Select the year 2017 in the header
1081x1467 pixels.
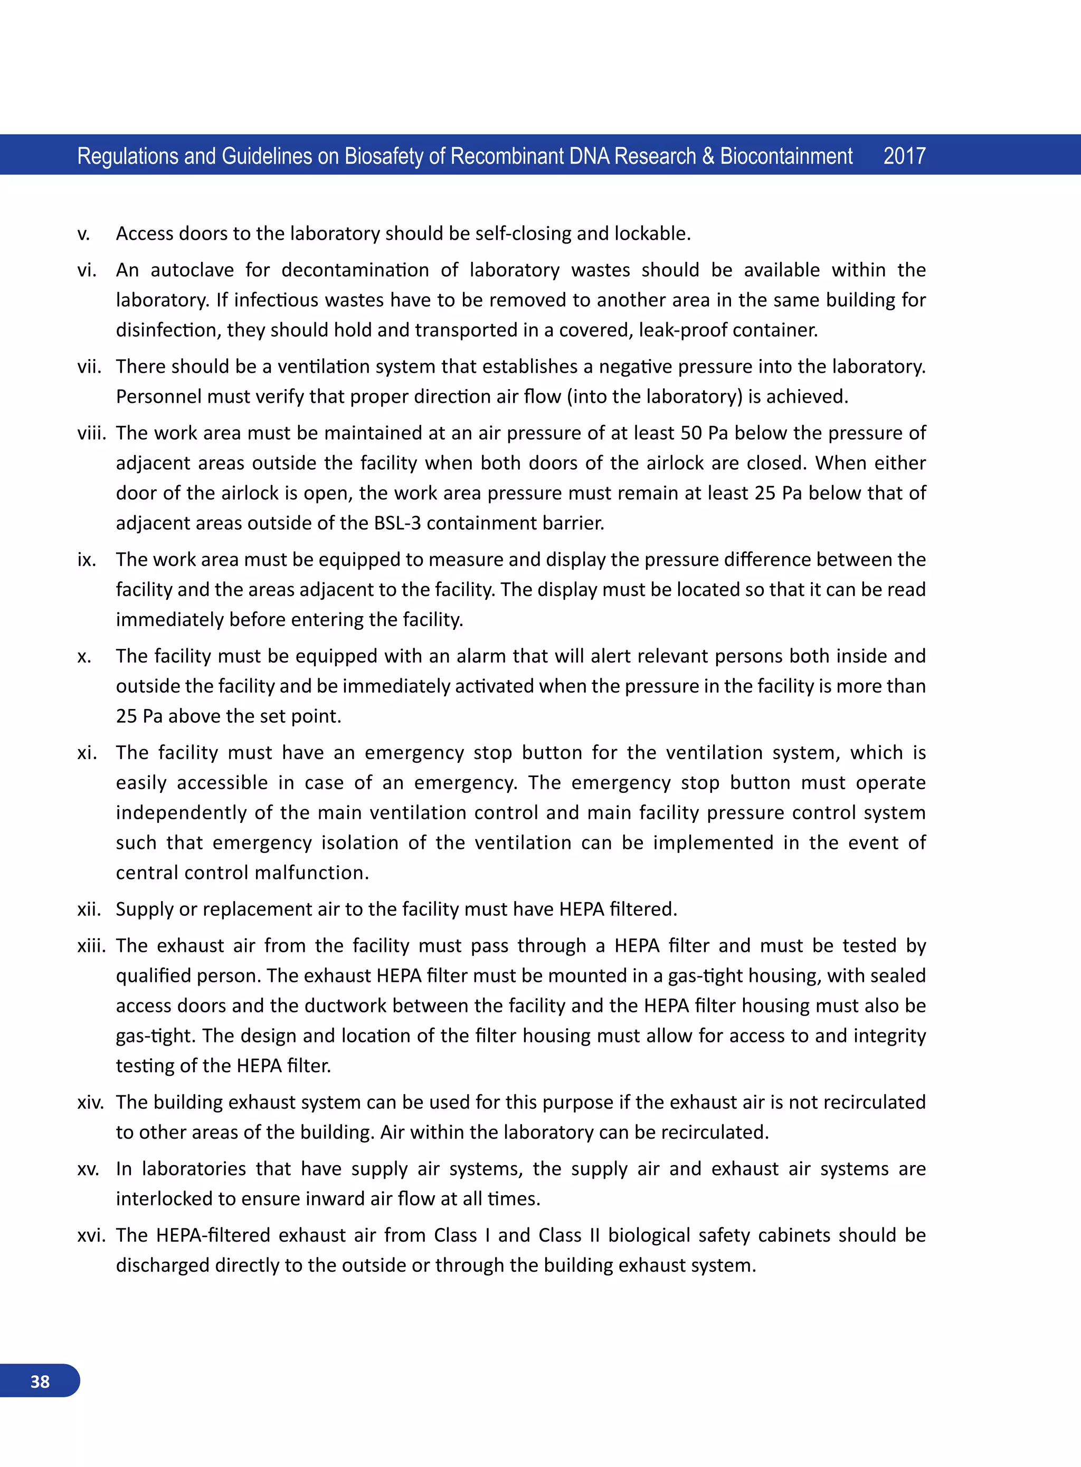coord(904,156)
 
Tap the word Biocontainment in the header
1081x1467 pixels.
coord(786,156)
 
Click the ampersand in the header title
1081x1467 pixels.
coord(708,156)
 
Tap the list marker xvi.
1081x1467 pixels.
coord(91,1235)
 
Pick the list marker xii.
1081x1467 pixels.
coord(89,910)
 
